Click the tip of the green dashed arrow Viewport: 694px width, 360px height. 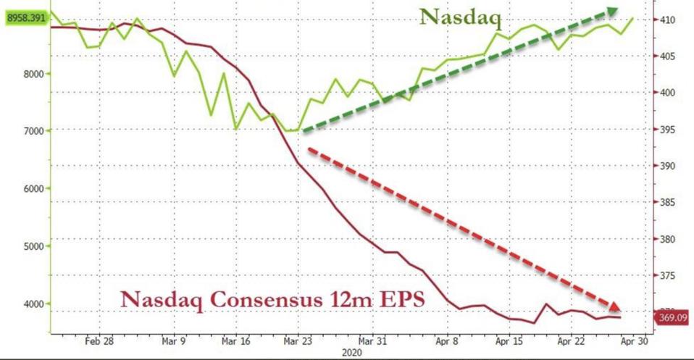(617, 9)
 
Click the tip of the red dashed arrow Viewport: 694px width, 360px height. (620, 308)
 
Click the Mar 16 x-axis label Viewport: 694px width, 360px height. (236, 340)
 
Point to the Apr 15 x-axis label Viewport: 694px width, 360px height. (510, 340)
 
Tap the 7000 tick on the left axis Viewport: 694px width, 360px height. (33, 131)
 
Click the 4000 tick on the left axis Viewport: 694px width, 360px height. (33, 304)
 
